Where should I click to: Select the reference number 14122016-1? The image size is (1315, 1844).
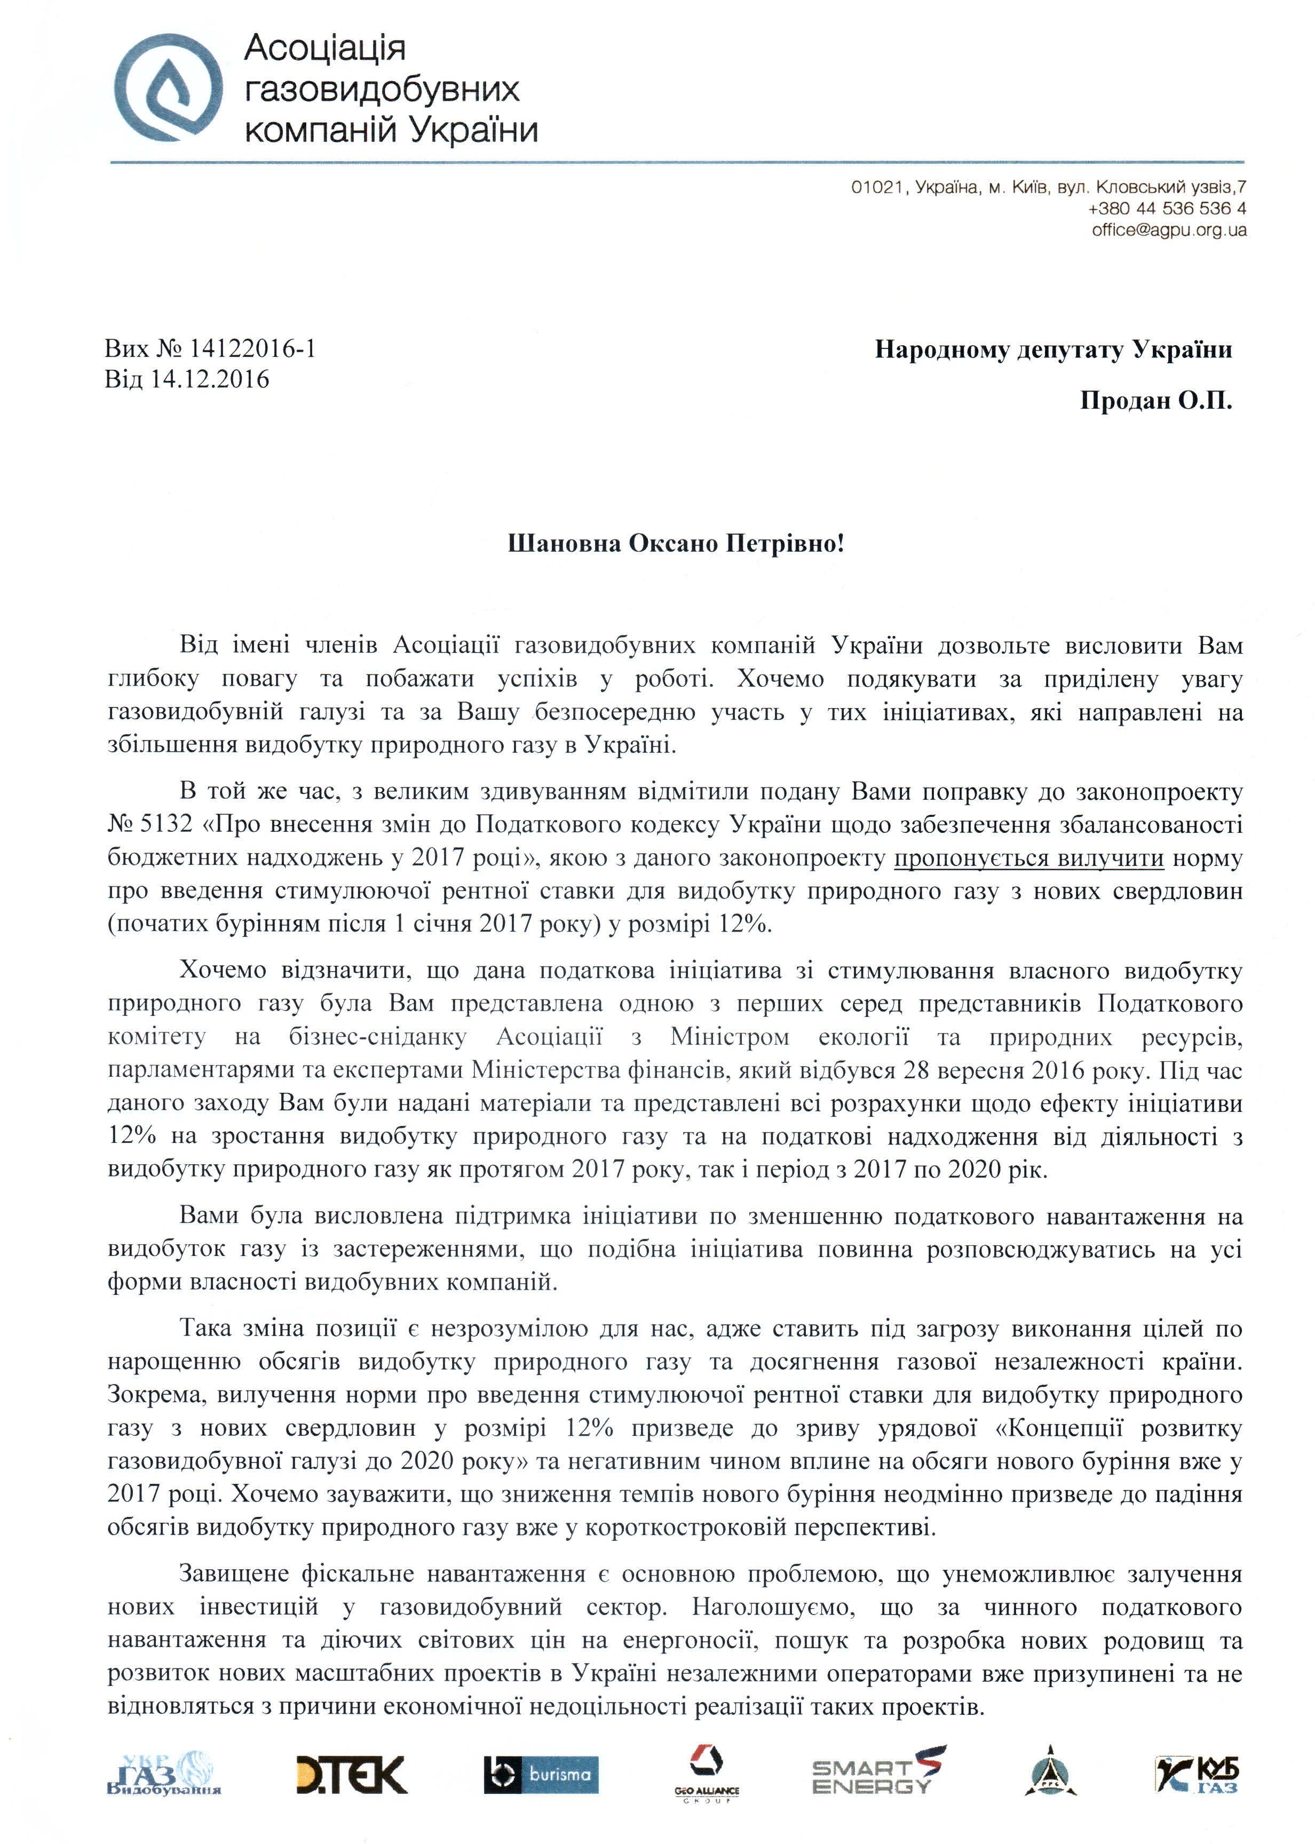tap(252, 349)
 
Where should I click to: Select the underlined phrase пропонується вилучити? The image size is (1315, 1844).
tap(1028, 858)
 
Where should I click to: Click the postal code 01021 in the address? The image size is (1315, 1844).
tap(877, 188)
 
